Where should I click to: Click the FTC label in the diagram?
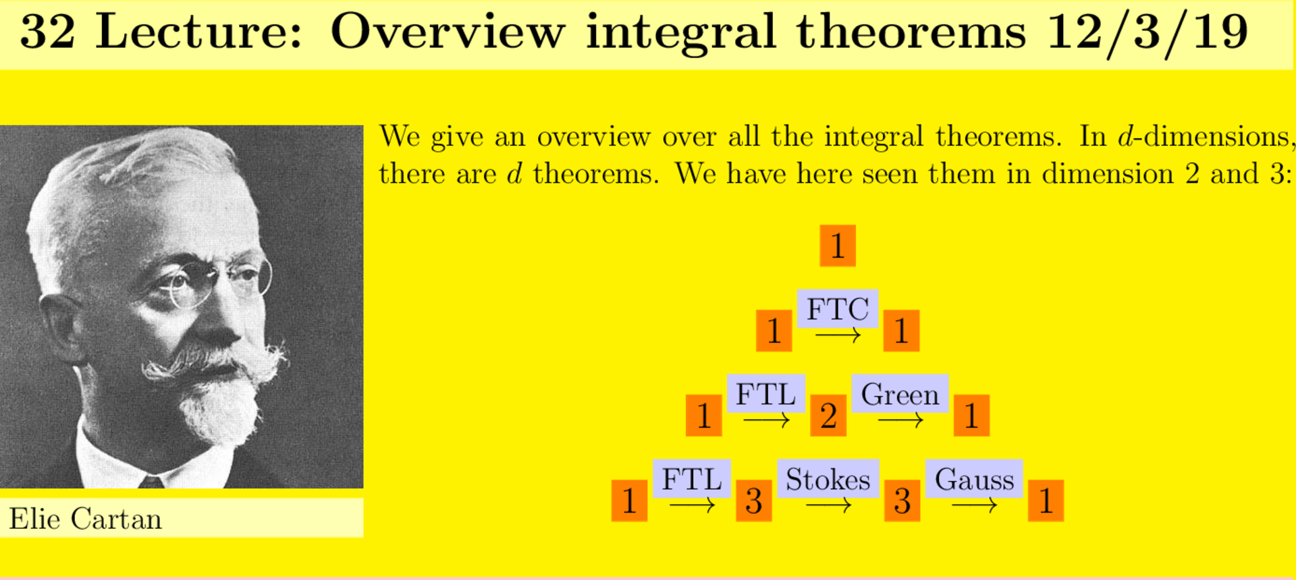coord(838,309)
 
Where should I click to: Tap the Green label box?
coord(900,394)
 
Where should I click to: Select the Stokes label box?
coord(828,479)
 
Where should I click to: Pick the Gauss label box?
coord(974,479)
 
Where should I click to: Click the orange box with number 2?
coord(828,415)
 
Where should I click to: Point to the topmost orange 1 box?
coord(838,245)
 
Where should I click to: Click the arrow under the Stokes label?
coord(828,505)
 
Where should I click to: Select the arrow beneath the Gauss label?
coord(974,505)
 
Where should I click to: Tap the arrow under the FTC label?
coord(838,335)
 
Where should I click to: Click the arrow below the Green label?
coord(900,420)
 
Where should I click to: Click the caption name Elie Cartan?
coord(85,519)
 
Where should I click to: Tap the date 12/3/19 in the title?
coord(1147,32)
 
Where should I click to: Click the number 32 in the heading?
coord(47,32)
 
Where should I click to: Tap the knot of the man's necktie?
coord(151,482)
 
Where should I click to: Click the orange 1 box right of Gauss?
coord(1046,500)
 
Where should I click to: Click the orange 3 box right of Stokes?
coord(902,500)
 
